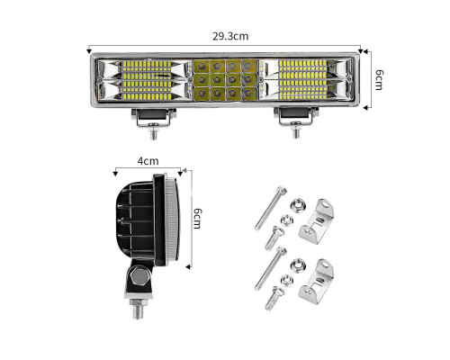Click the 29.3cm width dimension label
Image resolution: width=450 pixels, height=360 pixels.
(x=230, y=36)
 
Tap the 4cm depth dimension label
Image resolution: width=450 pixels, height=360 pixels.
(x=148, y=161)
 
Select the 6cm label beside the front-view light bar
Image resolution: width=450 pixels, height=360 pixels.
(x=379, y=80)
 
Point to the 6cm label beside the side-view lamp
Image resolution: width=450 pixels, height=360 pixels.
(x=197, y=219)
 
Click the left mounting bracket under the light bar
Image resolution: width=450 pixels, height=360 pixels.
(x=154, y=117)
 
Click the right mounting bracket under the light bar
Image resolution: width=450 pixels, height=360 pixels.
(x=296, y=116)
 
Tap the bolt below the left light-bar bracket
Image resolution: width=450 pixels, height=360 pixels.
(x=154, y=132)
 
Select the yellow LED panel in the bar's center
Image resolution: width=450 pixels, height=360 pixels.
(x=226, y=80)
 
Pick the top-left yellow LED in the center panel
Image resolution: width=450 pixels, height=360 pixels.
(x=201, y=66)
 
